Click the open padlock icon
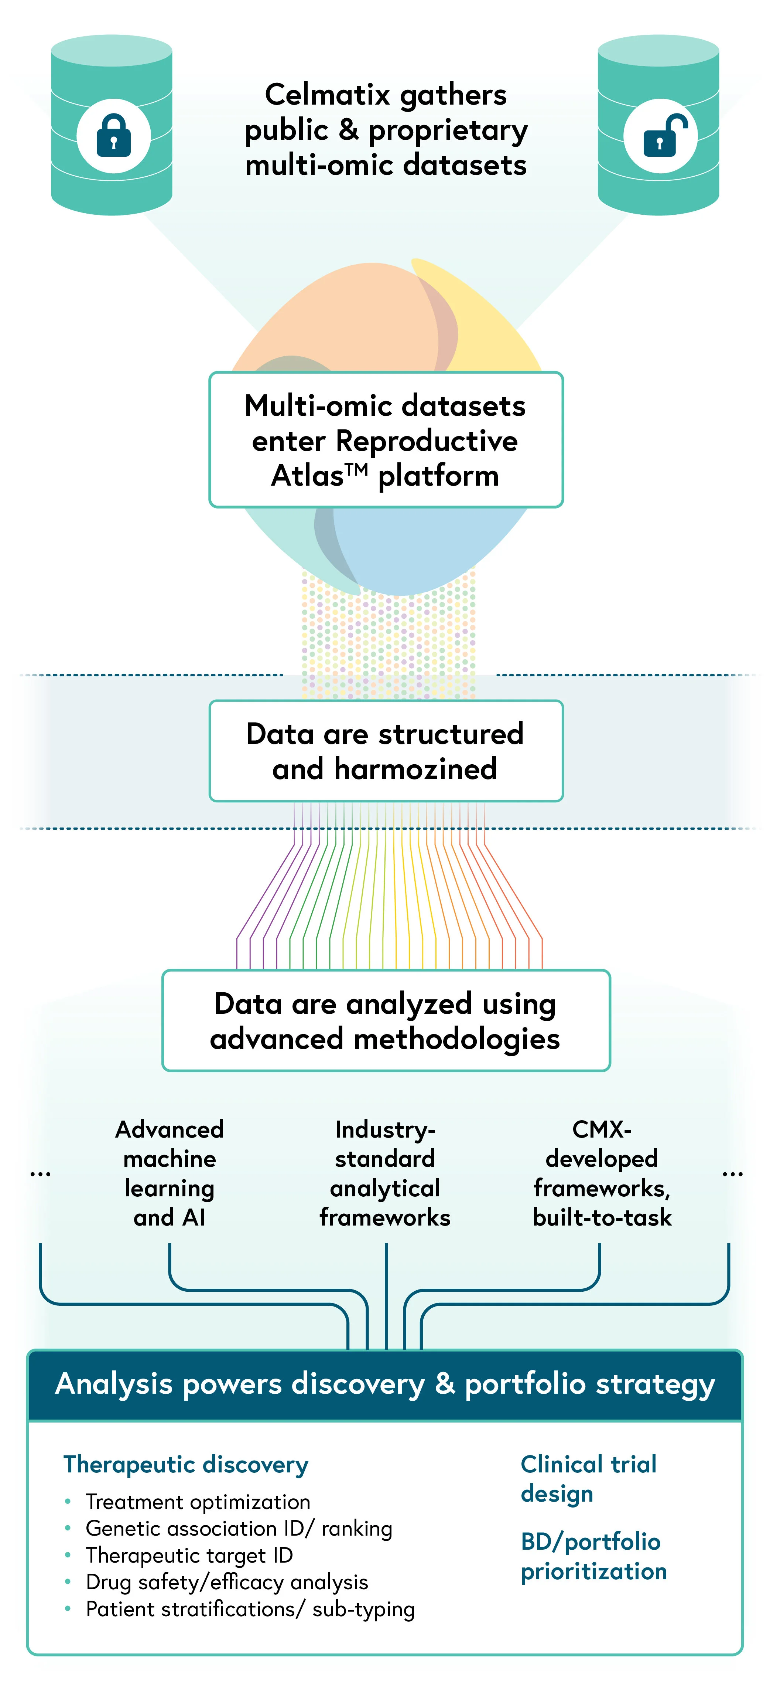tap(664, 135)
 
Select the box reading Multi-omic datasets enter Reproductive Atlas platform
tap(386, 440)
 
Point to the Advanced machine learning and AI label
tap(170, 1173)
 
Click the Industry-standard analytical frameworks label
tap(385, 1173)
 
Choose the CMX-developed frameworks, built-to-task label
tap(602, 1173)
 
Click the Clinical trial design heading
tap(588, 1479)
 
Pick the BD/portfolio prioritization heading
tap(594, 1556)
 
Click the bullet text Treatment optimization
tap(198, 1502)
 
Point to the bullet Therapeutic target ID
tap(189, 1555)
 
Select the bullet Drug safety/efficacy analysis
tap(227, 1582)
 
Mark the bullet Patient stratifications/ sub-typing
tap(250, 1610)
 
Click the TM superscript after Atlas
tap(356, 469)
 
